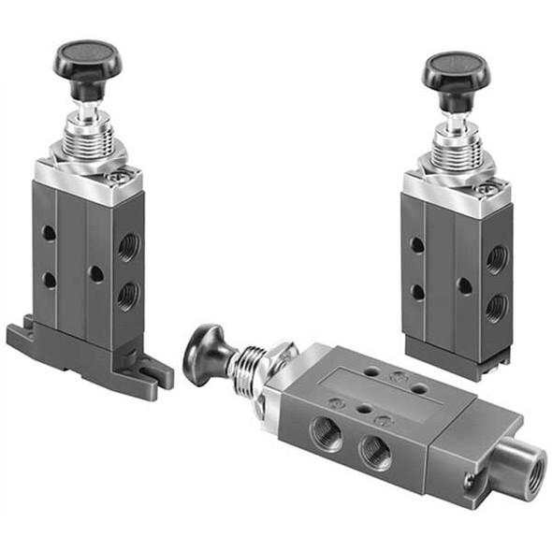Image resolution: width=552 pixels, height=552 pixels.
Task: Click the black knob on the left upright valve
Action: point(87,58)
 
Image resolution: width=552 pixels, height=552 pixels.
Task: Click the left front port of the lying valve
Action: point(325,432)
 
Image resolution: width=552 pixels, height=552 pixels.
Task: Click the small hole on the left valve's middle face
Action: point(95,274)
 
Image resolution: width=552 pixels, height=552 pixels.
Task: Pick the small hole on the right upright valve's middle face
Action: point(464,285)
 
